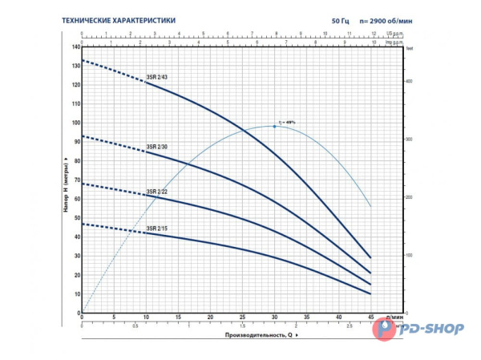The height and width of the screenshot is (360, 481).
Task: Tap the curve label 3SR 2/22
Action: (156, 192)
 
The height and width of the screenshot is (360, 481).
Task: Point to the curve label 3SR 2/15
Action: (156, 229)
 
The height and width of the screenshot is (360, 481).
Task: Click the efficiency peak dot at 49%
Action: (274, 126)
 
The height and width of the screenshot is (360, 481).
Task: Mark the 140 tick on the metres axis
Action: (76, 47)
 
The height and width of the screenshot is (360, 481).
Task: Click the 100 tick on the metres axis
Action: (76, 123)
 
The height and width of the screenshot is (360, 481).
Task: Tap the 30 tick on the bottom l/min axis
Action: (274, 318)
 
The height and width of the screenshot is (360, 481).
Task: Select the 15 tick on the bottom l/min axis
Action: (178, 318)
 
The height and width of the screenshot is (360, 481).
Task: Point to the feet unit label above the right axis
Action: (409, 50)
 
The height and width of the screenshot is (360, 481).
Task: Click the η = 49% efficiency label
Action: (286, 122)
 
